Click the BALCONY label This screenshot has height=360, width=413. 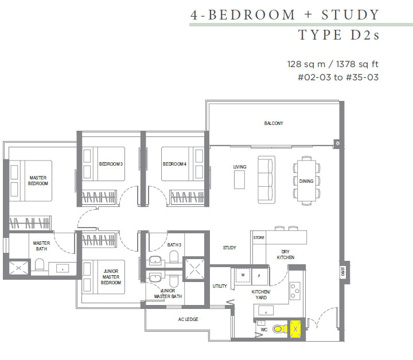tap(274, 123)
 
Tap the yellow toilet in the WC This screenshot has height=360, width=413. tap(280, 328)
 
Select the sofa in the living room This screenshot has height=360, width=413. tap(266, 180)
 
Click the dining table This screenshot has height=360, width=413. tap(306, 181)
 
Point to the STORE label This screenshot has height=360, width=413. tap(259, 238)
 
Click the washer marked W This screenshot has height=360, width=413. tap(243, 276)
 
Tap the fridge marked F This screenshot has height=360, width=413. tap(259, 276)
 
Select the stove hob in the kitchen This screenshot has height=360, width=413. tap(295, 291)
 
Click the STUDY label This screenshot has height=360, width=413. tap(229, 248)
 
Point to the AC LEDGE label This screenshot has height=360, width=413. tap(188, 319)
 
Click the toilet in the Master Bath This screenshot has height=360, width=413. tap(40, 264)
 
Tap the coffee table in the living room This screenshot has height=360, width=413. tap(239, 180)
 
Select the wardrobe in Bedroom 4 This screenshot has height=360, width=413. tap(187, 197)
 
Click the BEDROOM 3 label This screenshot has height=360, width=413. tap(111, 164)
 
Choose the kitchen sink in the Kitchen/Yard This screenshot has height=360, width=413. tap(266, 311)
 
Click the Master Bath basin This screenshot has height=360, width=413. tap(63, 269)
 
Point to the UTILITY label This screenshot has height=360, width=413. tap(220, 286)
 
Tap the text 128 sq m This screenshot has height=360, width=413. tap(306, 64)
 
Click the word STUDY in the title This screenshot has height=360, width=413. tap(350, 15)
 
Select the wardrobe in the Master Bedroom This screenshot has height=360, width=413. tap(30, 223)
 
